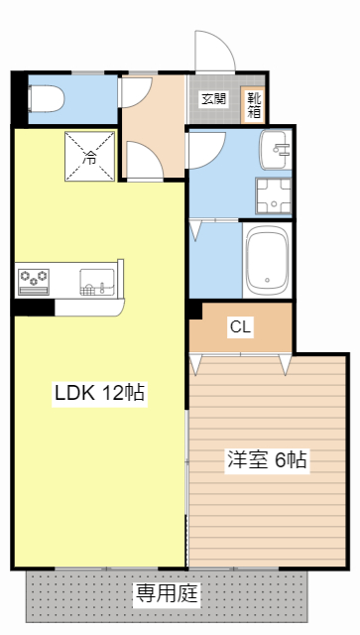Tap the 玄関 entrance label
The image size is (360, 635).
(x=213, y=98)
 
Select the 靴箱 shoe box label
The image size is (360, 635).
(x=254, y=104)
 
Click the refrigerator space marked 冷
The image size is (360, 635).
(x=90, y=156)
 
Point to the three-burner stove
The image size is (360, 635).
(x=34, y=280)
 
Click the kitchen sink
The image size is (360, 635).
(x=96, y=282)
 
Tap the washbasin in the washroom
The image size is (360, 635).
(x=275, y=152)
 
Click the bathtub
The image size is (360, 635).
(x=266, y=261)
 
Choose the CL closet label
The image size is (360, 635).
(x=240, y=326)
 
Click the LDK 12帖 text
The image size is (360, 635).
(x=99, y=393)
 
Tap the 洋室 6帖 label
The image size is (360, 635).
(x=267, y=459)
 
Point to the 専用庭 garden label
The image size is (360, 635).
(x=168, y=594)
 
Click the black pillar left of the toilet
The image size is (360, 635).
(x=20, y=97)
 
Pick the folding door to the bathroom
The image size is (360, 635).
(x=195, y=230)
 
